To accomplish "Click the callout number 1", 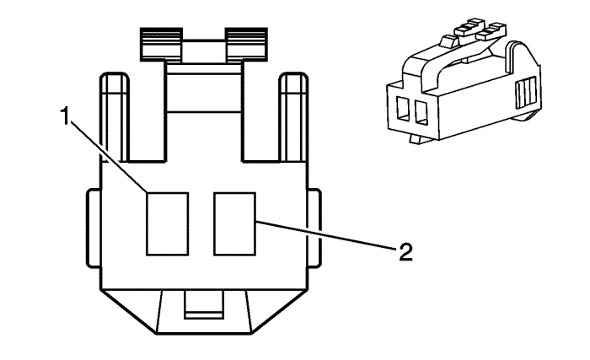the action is click(x=65, y=116).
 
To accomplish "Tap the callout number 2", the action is click(x=405, y=252).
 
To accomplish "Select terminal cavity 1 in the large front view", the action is click(x=168, y=223).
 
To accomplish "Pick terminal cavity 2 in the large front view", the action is click(x=235, y=223).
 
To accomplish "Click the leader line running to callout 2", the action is click(x=326, y=235).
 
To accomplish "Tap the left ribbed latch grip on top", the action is click(x=162, y=44).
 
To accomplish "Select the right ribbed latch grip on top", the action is click(x=246, y=44).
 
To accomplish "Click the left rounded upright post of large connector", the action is click(x=115, y=116).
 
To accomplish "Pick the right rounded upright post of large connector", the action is click(x=294, y=116).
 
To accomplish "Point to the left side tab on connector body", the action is click(x=94, y=228).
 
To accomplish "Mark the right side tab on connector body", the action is click(x=314, y=228).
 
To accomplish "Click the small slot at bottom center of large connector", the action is click(x=204, y=304).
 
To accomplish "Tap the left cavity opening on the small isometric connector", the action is click(x=403, y=109).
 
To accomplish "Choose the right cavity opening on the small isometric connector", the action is click(x=421, y=112).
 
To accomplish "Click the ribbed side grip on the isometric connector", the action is click(x=526, y=93).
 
